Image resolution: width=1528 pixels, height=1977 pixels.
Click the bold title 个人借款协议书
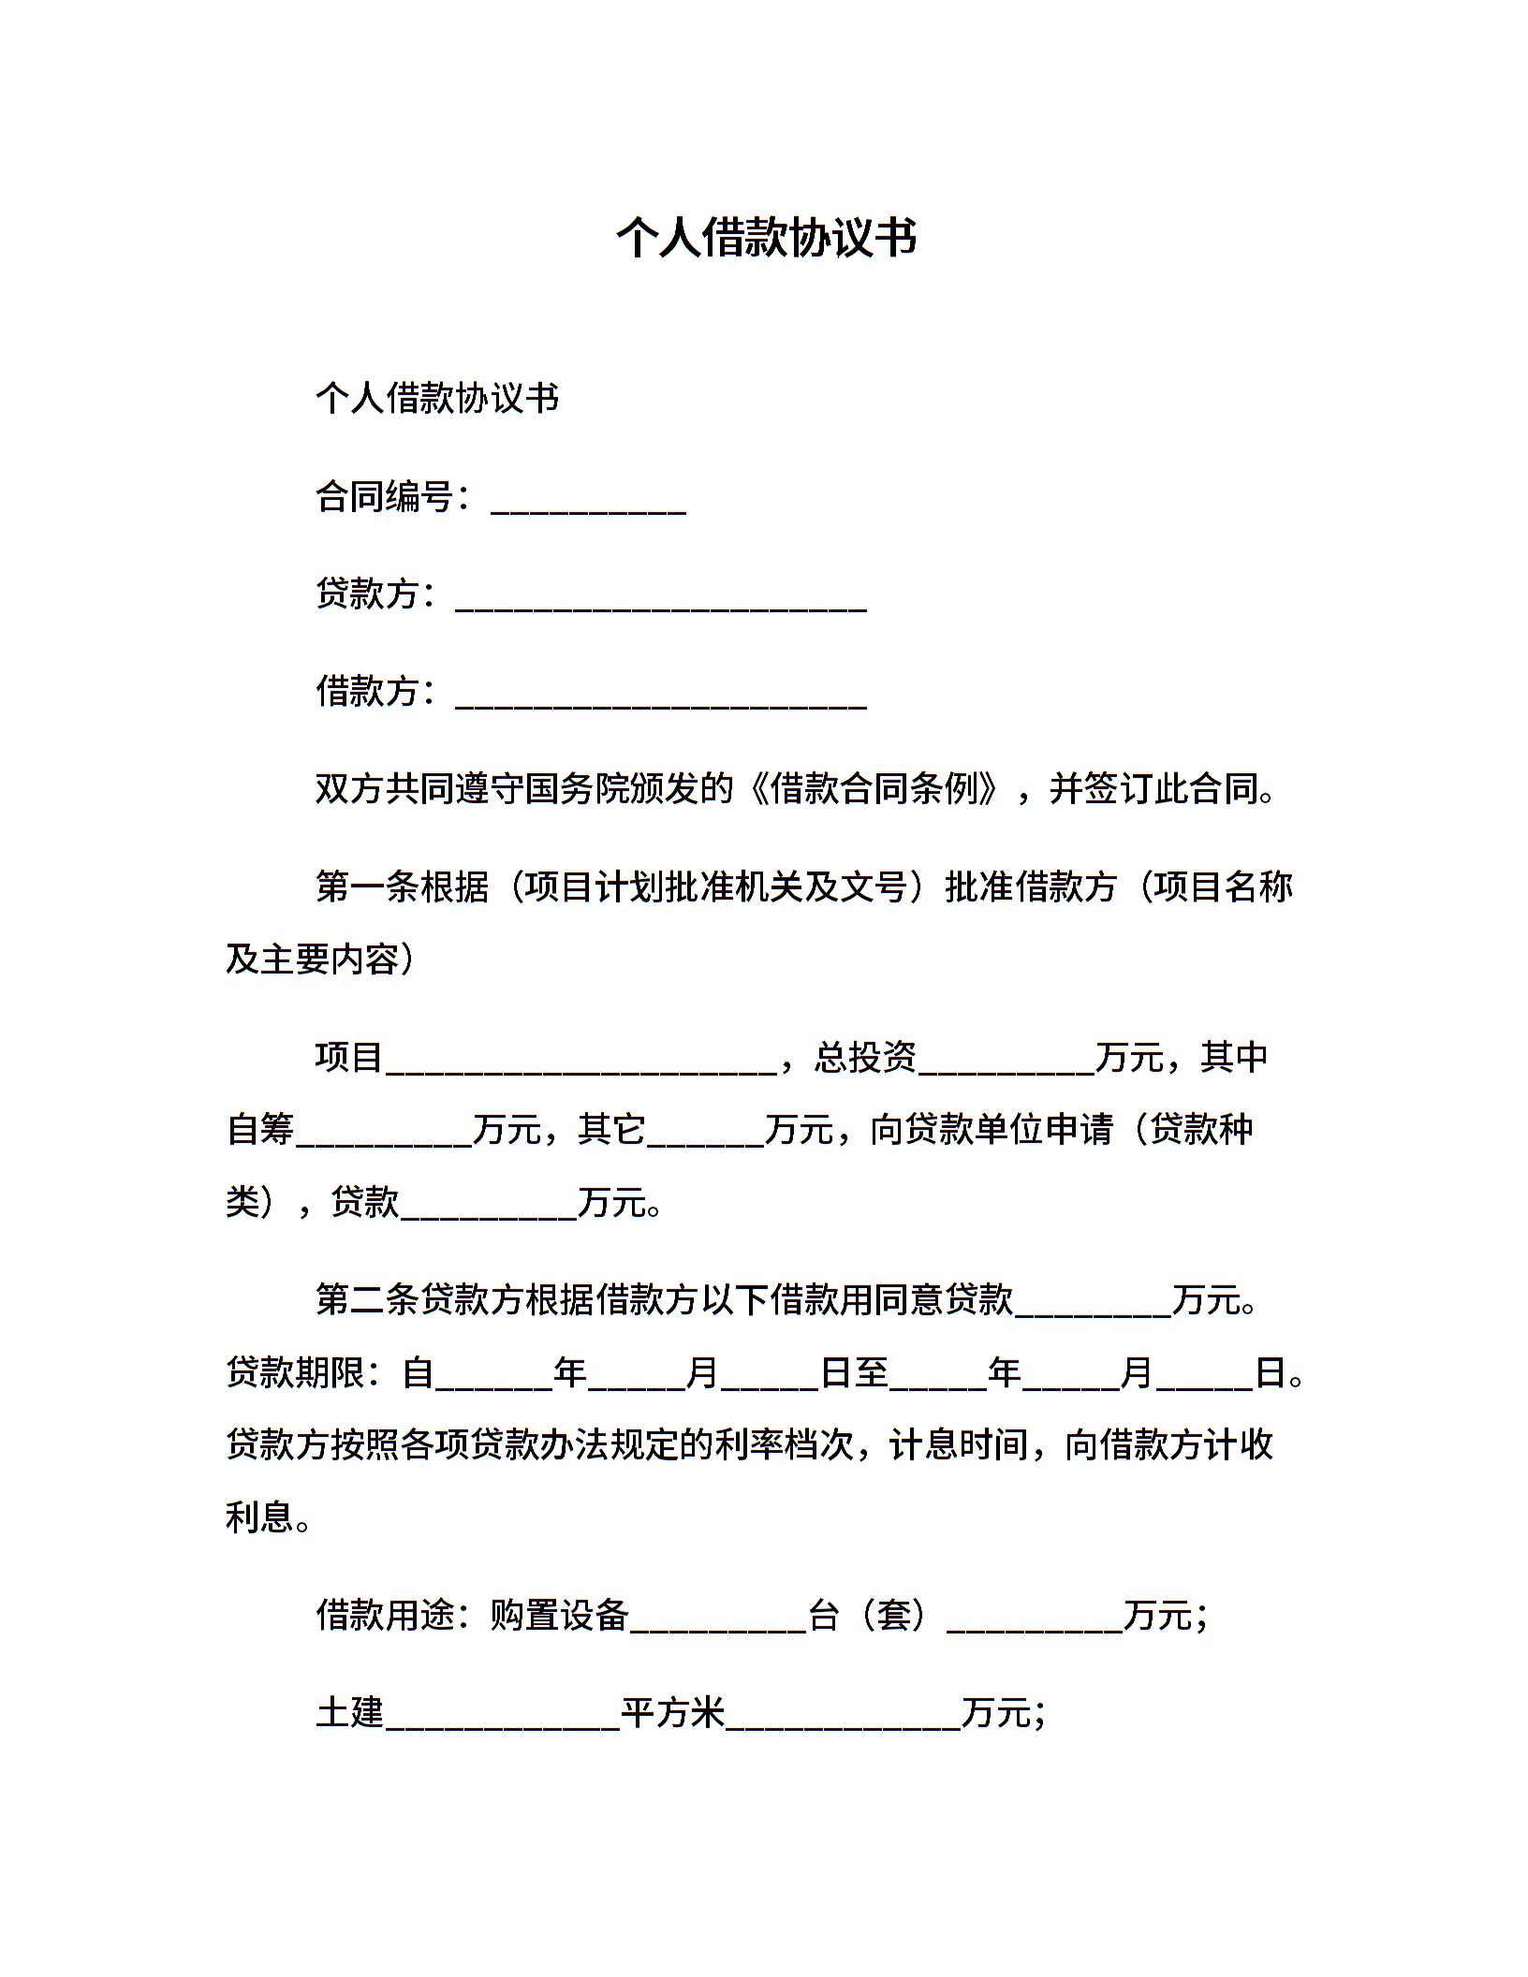(x=765, y=238)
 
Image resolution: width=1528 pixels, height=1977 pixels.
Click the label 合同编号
(x=384, y=497)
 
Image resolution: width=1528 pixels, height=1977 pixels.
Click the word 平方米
(x=673, y=1714)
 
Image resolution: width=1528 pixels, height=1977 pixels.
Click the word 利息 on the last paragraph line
(x=260, y=1517)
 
